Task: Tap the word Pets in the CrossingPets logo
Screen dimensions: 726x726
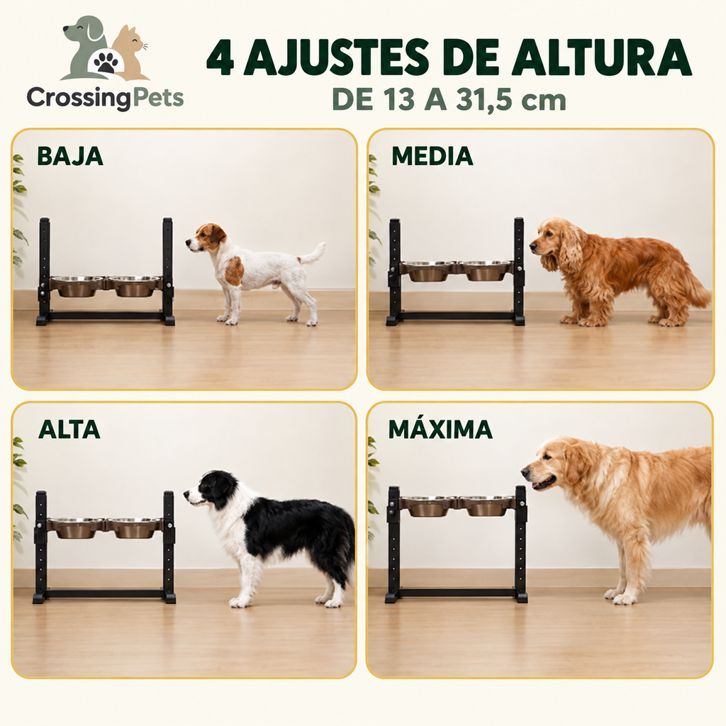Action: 158,98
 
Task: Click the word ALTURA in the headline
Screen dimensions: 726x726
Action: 601,58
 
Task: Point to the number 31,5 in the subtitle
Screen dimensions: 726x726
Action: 484,99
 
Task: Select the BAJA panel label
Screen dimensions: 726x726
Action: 70,156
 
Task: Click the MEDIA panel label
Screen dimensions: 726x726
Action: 432,156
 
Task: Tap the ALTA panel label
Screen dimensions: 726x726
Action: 69,429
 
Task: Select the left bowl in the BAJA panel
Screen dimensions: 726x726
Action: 77,286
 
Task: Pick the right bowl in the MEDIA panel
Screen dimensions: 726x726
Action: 484,271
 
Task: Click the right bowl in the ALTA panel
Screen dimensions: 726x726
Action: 134,528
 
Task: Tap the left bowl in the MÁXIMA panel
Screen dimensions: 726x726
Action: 428,506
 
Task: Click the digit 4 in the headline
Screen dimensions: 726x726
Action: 220,58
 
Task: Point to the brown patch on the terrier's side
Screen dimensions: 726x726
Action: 234,271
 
